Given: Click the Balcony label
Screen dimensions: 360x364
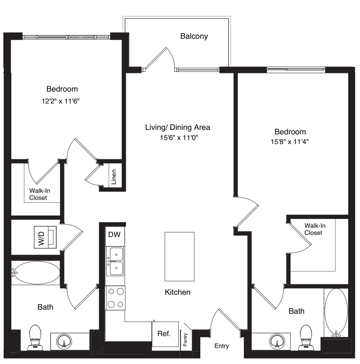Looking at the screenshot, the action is (x=194, y=36).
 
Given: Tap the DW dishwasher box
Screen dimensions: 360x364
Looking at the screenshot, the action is (x=115, y=236).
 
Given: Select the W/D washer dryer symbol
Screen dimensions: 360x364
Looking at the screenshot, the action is (x=45, y=237).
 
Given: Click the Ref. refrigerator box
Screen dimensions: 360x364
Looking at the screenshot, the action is (x=165, y=334).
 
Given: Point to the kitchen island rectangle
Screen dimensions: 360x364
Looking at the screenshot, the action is (x=179, y=256).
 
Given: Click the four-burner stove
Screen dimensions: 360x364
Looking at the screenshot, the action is (x=115, y=298).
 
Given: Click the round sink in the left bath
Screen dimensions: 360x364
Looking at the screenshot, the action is (x=64, y=341).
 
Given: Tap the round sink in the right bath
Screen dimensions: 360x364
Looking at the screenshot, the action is (x=277, y=341).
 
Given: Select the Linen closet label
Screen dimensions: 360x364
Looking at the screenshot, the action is (x=114, y=177).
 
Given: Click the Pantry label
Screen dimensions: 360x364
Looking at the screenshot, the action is (x=185, y=340).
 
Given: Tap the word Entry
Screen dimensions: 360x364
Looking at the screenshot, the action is (x=222, y=346).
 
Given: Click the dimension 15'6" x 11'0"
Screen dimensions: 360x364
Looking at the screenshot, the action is (x=179, y=138).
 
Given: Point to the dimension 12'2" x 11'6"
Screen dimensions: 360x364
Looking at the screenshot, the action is (x=61, y=101).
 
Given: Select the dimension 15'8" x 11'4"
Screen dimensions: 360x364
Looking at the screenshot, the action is (x=290, y=141).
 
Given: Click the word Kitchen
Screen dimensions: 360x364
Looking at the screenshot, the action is (x=178, y=292).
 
